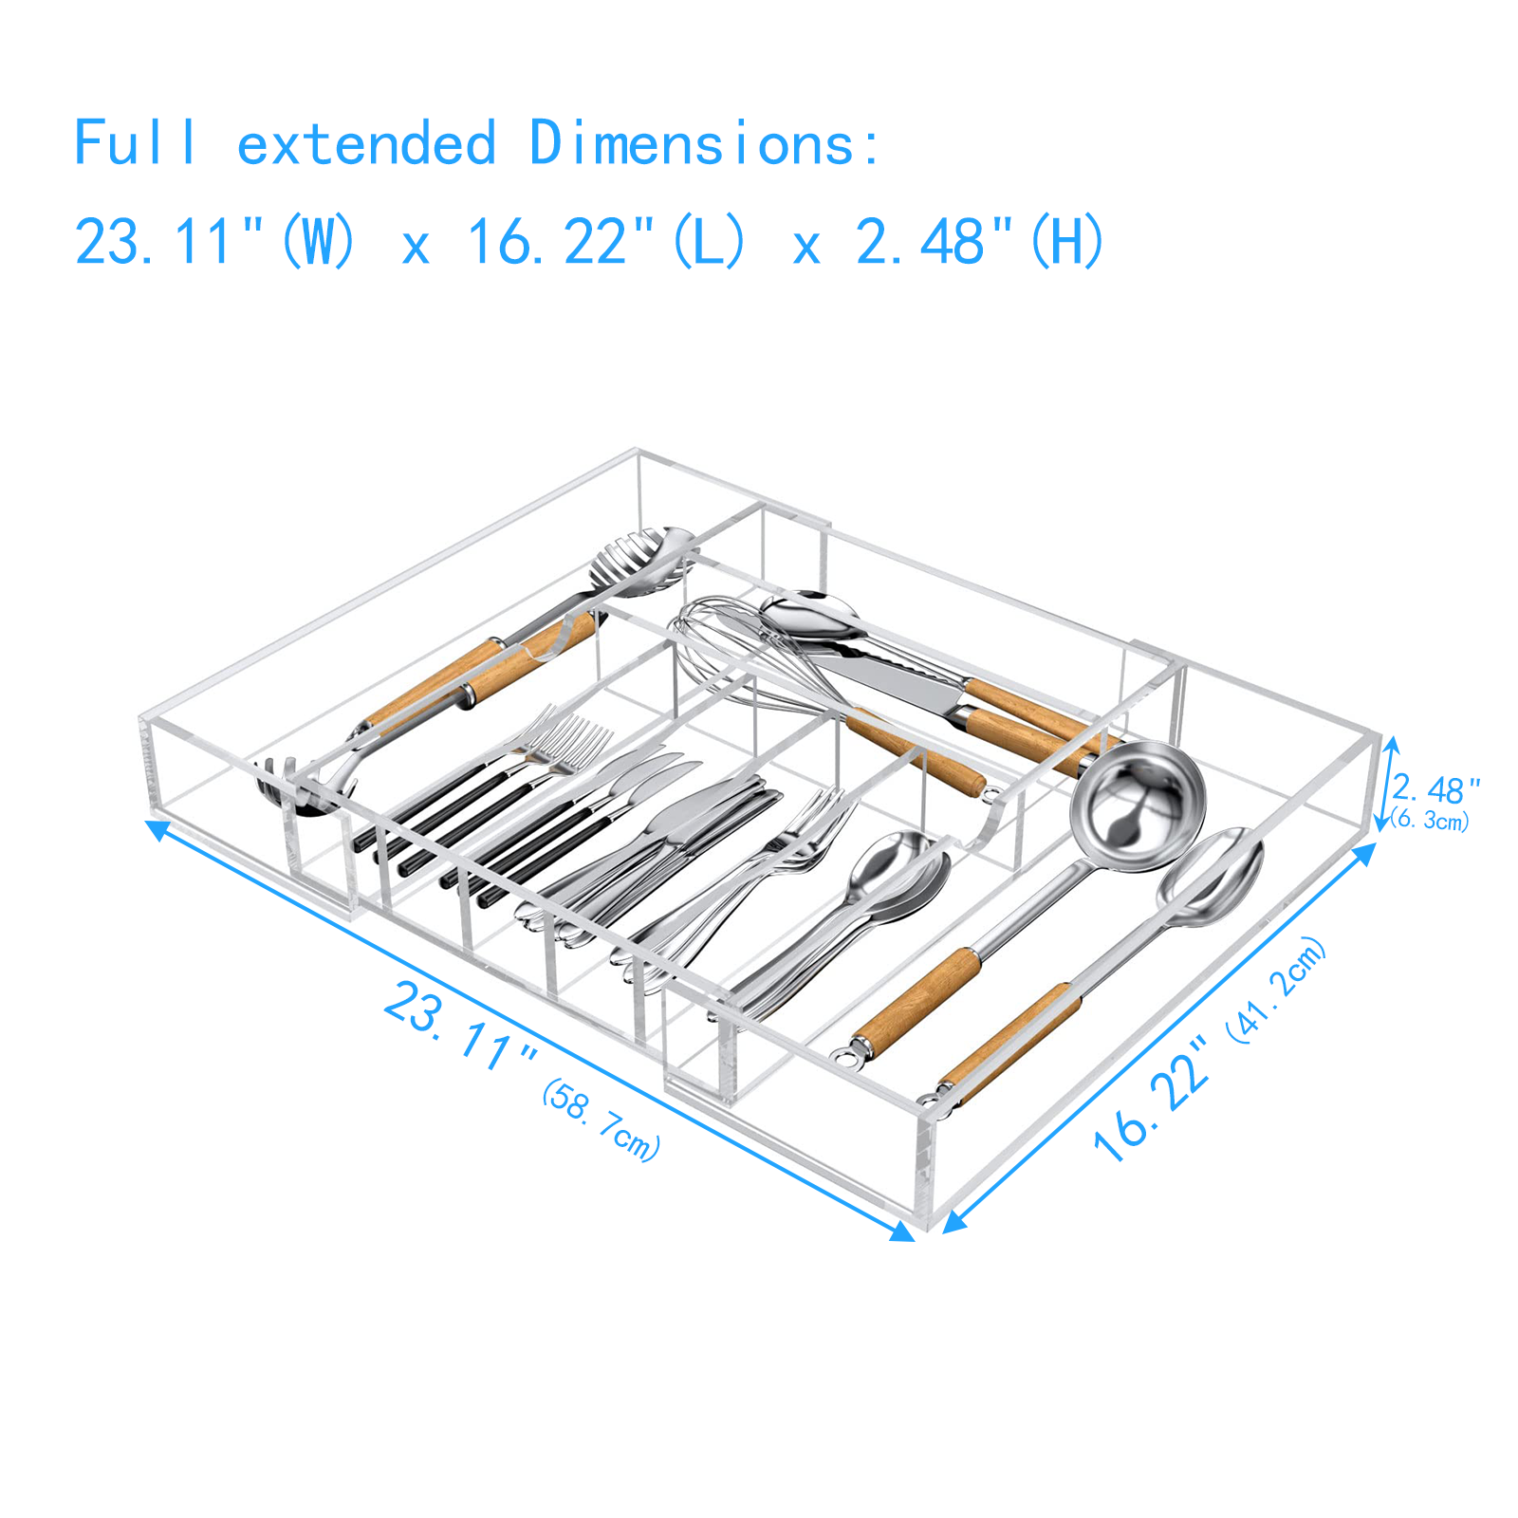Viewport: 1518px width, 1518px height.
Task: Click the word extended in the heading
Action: point(365,145)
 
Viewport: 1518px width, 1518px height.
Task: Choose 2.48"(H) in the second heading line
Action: point(979,241)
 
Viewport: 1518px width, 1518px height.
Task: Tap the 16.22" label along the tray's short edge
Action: point(1152,1101)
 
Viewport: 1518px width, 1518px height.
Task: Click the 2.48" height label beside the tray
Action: point(1435,788)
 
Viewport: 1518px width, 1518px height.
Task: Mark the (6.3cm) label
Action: point(1431,820)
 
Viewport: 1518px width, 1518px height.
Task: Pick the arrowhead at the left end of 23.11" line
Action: point(157,830)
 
